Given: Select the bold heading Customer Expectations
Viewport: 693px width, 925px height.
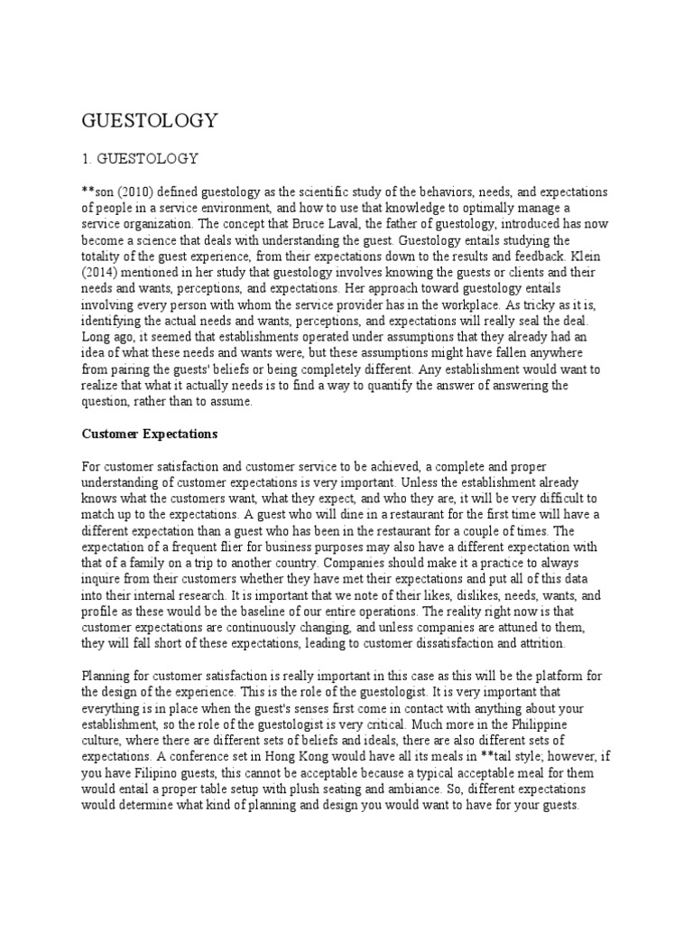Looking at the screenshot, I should (150, 434).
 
